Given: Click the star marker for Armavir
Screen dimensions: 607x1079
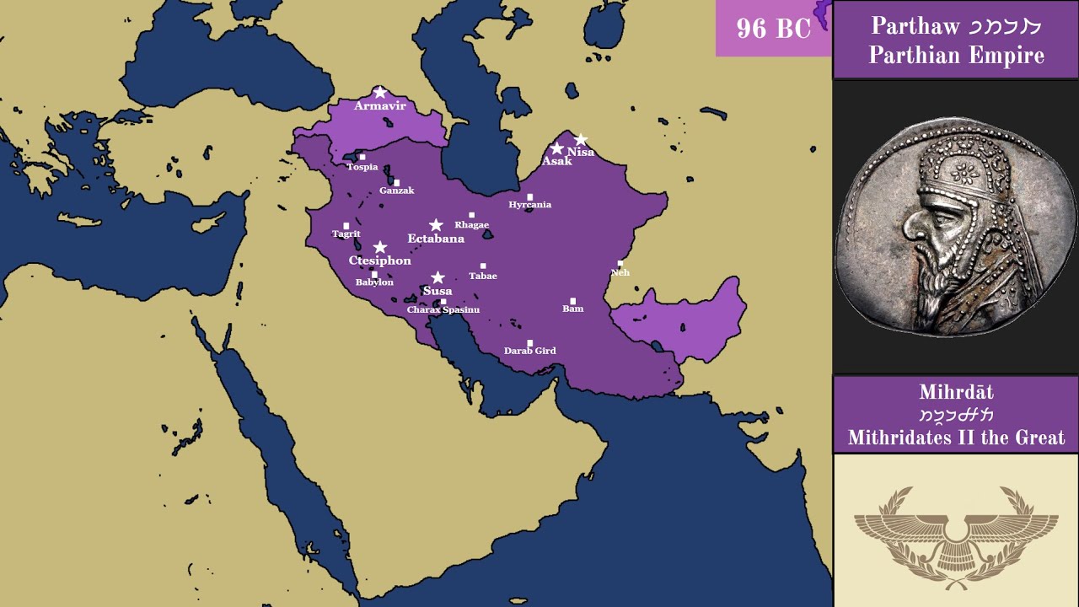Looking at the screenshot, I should coord(379,92).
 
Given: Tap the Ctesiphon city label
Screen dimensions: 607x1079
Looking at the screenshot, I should coord(380,261).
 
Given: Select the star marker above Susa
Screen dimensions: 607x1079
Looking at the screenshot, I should coord(438,277).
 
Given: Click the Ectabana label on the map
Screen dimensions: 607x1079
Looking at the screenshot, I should coord(436,239).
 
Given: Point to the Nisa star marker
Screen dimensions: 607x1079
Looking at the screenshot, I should coord(581,140).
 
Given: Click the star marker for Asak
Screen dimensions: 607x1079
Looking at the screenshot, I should coord(556,148).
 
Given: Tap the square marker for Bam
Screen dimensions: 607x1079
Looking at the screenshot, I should coord(573,300).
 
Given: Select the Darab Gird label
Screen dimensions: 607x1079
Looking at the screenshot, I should coord(529,351).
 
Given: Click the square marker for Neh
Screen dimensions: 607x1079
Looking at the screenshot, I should coord(620,264).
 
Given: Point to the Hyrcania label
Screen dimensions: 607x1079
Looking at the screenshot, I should coord(529,205).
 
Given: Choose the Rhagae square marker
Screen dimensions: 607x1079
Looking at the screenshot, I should coord(471,215).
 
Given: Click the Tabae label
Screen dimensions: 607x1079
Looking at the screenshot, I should coord(483,277).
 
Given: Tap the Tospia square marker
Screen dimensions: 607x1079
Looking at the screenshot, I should coord(362,157).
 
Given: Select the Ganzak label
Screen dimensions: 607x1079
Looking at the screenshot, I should coord(396,191).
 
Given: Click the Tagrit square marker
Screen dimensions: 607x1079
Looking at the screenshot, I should coord(346,225).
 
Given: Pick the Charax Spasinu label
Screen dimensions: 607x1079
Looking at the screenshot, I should coord(443,310).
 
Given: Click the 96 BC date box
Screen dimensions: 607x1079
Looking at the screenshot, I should coord(773,29).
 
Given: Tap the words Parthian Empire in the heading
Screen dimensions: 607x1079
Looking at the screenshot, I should coord(956,56).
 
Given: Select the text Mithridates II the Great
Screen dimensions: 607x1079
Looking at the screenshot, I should coord(956,438).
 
